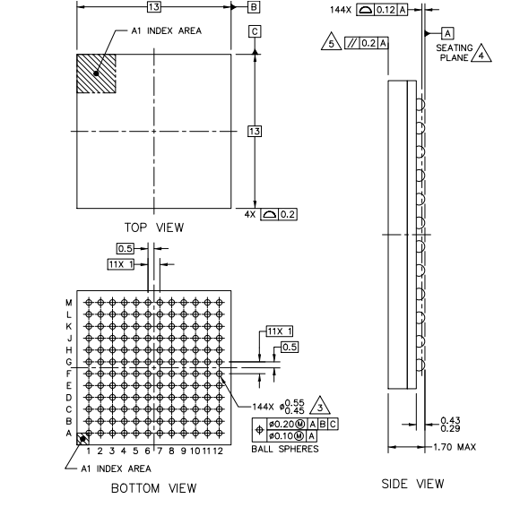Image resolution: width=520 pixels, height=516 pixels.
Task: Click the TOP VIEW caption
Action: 154,228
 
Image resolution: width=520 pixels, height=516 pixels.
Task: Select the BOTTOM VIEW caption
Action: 154,488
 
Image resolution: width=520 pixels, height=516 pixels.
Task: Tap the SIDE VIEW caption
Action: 412,484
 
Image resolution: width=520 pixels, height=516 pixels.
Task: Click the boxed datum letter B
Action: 254,7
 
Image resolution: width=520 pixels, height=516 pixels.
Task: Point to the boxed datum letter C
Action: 255,31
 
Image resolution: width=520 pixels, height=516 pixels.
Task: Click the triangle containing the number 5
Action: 332,42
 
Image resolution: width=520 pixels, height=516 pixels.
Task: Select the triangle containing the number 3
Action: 320,406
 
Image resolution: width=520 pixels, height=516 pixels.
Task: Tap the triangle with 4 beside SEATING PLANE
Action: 481,54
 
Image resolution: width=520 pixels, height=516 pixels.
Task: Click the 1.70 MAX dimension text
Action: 455,447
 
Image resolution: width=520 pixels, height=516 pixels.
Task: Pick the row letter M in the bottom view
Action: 69,303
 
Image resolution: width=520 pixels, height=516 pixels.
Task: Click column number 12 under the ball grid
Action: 218,451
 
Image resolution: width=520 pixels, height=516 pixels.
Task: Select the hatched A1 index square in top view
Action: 96,73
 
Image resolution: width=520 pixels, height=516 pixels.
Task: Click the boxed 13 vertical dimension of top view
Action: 255,131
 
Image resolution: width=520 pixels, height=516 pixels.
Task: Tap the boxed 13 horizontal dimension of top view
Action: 154,6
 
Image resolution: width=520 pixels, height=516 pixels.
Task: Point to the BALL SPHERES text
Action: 285,449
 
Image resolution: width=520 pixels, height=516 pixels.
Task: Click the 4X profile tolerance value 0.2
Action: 288,214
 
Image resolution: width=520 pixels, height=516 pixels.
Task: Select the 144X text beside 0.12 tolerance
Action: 341,10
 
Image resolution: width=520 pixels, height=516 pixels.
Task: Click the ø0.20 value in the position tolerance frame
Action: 282,425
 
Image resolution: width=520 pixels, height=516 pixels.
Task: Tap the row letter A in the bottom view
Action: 69,434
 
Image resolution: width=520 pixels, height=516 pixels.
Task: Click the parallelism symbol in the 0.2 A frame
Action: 352,43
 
